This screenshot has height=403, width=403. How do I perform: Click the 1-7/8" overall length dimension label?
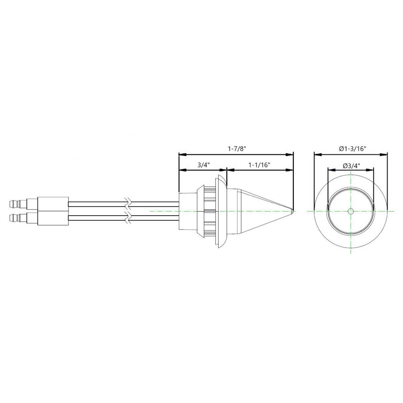pos(237,149)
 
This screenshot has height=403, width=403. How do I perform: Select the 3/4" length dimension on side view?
pos(203,165)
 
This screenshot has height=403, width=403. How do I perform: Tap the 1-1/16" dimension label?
pos(259,165)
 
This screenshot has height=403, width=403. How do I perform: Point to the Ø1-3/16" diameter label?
pos(352,149)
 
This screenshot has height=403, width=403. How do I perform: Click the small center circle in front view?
pos(351,211)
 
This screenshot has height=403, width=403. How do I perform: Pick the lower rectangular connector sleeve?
pos(53,218)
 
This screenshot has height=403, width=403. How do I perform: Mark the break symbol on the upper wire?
pos(128,204)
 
